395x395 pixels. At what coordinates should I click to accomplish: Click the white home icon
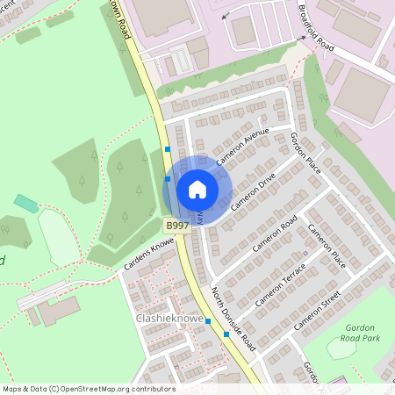coord(197,190)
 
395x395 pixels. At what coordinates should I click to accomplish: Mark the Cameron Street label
coord(316,312)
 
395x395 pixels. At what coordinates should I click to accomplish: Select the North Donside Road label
coord(233,316)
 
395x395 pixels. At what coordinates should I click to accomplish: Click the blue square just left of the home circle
coord(168,179)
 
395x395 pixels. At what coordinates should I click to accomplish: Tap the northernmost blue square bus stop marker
coord(168,150)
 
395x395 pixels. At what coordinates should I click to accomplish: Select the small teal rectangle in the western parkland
coord(26,204)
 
